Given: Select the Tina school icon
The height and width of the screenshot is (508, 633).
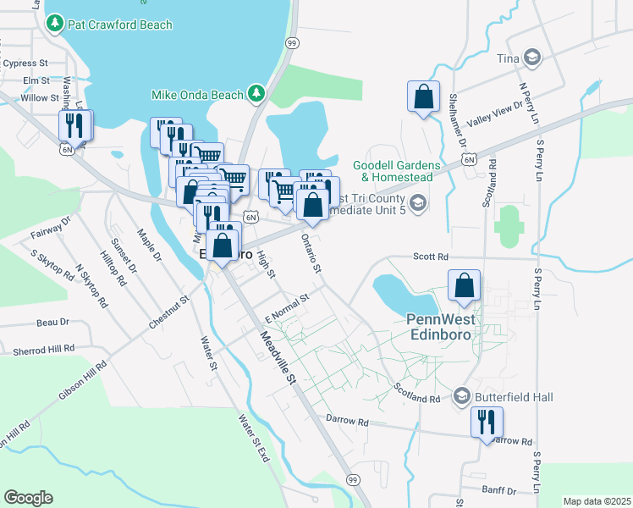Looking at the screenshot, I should click(x=533, y=58).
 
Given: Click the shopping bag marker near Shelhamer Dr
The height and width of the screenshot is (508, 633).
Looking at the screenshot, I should click(x=423, y=97).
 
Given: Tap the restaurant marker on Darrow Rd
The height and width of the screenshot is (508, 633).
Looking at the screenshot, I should click(x=487, y=422).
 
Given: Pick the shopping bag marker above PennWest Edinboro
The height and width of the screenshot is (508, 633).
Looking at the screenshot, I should click(x=464, y=286).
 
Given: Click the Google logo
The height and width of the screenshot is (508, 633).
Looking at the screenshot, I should click(x=28, y=497).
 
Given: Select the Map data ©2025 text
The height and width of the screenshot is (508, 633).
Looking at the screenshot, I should click(x=597, y=501).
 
